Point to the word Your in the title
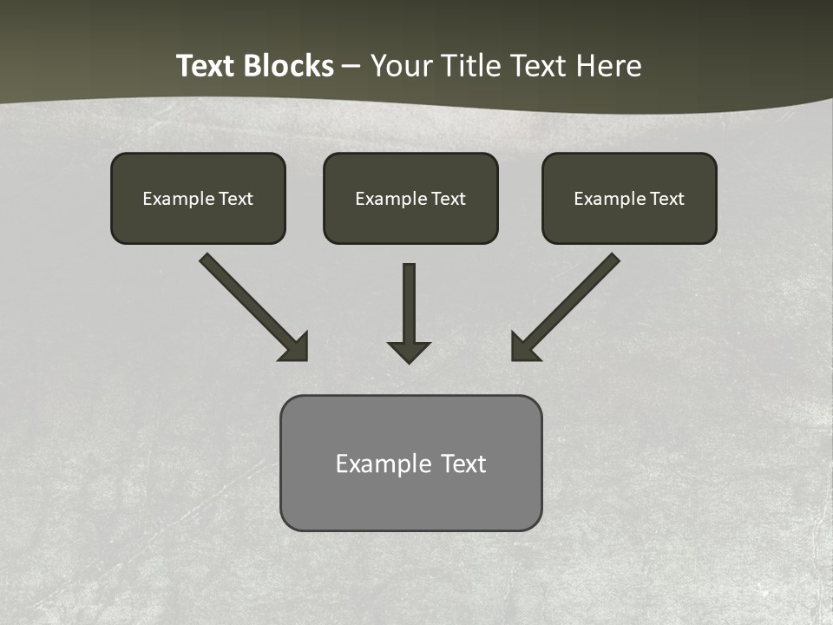402,66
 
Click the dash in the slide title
351,67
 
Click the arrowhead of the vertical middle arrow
409,352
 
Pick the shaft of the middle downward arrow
409,299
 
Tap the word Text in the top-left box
235,199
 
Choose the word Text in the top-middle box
448,199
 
